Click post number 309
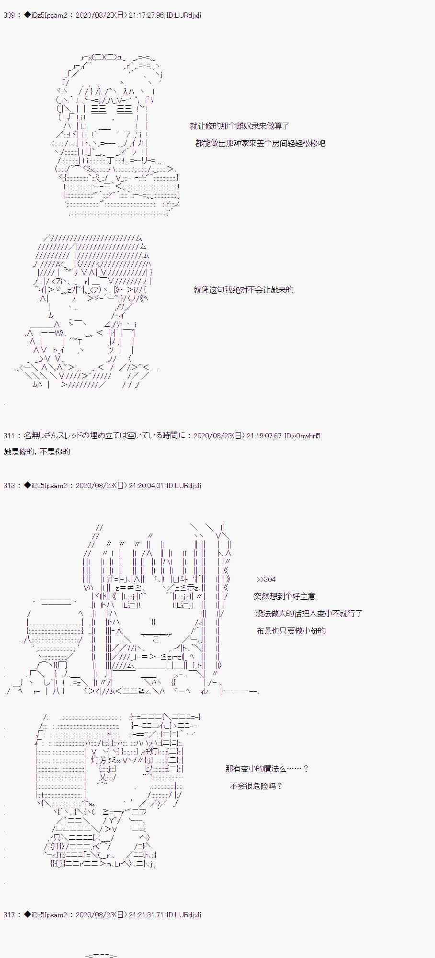pos(9,15)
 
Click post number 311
pos(9,436)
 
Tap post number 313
pos(9,486)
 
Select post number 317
pos(9,915)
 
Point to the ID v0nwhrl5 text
pos(302,436)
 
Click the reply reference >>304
pos(266,580)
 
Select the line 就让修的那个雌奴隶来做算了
pos(240,126)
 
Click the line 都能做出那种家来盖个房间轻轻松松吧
pos(260,143)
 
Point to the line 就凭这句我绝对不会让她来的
pos(243,290)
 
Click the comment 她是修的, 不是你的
pos(37,452)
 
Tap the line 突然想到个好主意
pos(285,596)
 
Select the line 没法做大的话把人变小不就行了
pos(309,614)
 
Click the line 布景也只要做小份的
pos(291,631)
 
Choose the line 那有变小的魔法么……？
pos(267,769)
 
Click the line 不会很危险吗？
pos(256,786)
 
